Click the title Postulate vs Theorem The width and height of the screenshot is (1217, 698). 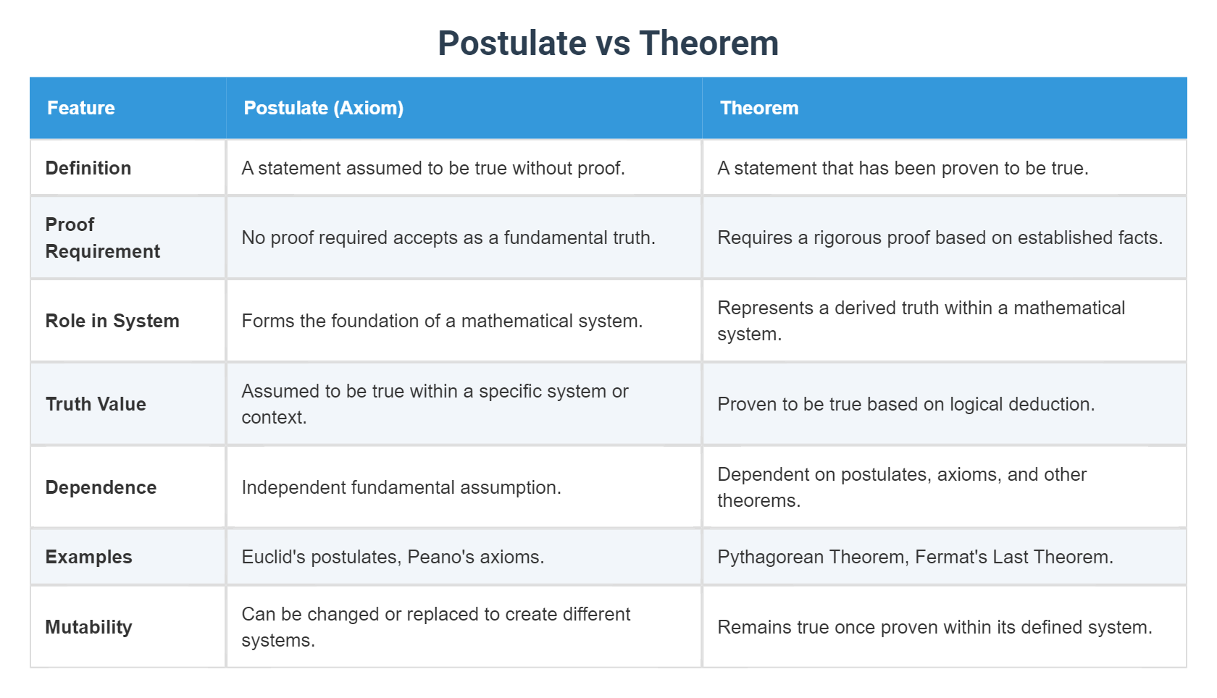pyautogui.click(x=608, y=43)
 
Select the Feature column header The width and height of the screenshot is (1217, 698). pyautogui.click(x=81, y=108)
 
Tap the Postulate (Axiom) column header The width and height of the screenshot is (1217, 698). pyautogui.click(x=323, y=108)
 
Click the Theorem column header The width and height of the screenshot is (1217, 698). pyautogui.click(x=758, y=108)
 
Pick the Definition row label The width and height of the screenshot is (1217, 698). pyautogui.click(x=88, y=168)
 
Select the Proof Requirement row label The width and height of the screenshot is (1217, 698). pyautogui.click(x=102, y=237)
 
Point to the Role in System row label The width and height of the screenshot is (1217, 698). pyautogui.click(x=112, y=321)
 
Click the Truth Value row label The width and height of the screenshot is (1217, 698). pyautogui.click(x=96, y=404)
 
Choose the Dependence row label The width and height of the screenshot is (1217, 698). pyautogui.click(x=101, y=487)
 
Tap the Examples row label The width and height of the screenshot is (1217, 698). pyautogui.click(x=88, y=557)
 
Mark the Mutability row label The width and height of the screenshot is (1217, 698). pyautogui.click(x=88, y=627)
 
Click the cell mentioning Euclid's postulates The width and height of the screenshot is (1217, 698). pyautogui.click(x=393, y=557)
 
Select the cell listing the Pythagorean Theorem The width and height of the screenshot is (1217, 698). pyautogui.click(x=914, y=557)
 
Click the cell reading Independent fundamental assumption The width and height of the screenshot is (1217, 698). pyautogui.click(x=401, y=487)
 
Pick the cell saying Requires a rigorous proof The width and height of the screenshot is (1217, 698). pyautogui.click(x=940, y=237)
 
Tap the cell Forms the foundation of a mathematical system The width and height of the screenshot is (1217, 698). pyautogui.click(x=442, y=321)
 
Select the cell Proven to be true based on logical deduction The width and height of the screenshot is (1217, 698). pyautogui.click(x=906, y=404)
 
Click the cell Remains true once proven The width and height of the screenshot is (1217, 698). pyautogui.click(x=934, y=627)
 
